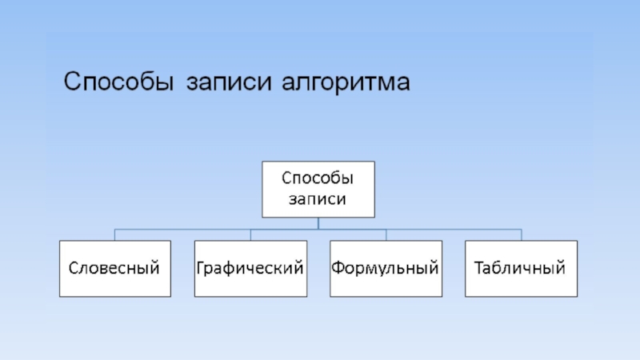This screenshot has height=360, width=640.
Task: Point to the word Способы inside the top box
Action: point(318,178)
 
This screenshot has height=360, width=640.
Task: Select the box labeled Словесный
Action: point(114,268)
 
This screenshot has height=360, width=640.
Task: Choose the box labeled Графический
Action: point(250,268)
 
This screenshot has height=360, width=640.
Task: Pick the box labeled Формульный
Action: point(386,268)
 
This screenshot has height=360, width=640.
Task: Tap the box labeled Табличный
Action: point(522,268)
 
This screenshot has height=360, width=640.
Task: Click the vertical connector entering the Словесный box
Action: point(114,234)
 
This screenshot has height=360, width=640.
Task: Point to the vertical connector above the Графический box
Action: point(250,234)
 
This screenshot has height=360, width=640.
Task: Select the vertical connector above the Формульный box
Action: point(386,234)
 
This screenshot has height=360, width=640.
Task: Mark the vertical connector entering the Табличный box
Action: point(522,234)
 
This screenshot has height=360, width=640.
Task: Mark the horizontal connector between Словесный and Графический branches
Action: point(182,229)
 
